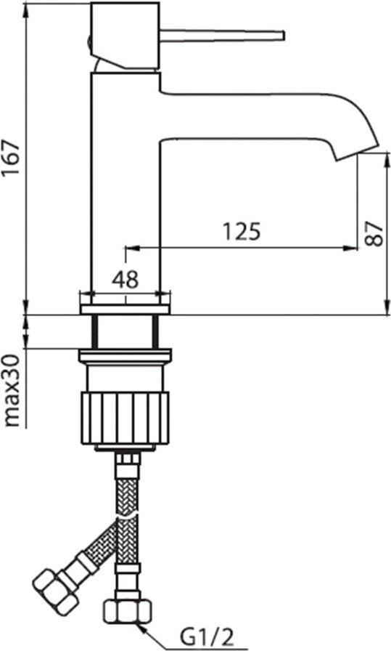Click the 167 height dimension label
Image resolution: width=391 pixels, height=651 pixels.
(x=11, y=158)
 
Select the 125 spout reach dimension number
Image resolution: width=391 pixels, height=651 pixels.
(x=242, y=232)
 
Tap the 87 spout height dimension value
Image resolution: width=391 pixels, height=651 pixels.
(x=374, y=234)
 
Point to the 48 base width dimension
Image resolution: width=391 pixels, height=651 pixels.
(x=125, y=280)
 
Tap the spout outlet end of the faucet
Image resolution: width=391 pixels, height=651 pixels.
(x=358, y=152)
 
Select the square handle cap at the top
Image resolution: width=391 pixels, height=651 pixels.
(x=125, y=35)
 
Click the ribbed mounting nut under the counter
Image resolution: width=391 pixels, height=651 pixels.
(x=125, y=418)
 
